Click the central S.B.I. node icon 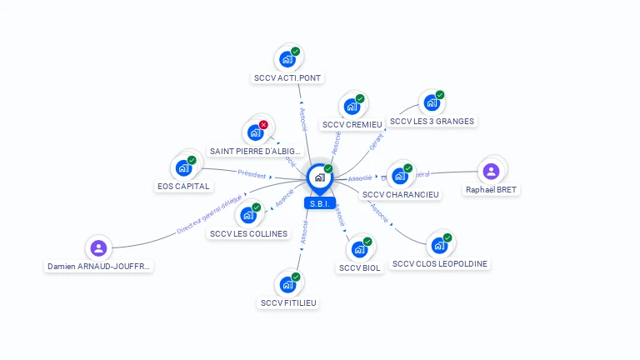[x=319, y=177]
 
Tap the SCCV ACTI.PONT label [x=287, y=78]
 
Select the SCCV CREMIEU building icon [x=352, y=107]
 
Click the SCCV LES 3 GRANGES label [x=432, y=122]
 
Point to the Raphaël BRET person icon [x=491, y=171]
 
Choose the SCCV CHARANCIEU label [x=401, y=194]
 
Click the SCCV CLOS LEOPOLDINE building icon [x=438, y=247]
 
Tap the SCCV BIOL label [x=360, y=267]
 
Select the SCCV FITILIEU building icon [x=287, y=285]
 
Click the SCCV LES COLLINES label [x=248, y=234]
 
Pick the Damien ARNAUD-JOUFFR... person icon [x=98, y=247]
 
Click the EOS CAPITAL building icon [x=183, y=168]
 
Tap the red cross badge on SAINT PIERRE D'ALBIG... [x=263, y=125]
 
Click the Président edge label [x=252, y=175]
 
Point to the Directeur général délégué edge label [x=209, y=213]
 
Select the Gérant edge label [x=377, y=142]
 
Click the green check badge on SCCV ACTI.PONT [x=296, y=52]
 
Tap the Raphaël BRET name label [x=491, y=190]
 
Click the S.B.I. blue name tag [x=319, y=202]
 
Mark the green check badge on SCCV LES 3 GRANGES [x=440, y=95]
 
